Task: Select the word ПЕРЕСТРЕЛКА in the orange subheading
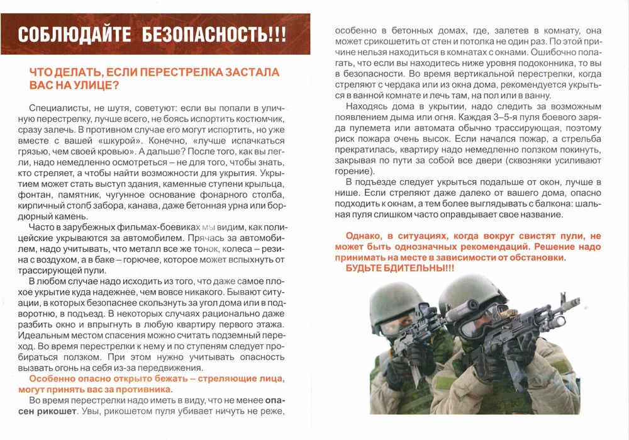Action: [178, 73]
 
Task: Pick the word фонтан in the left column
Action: [38, 196]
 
